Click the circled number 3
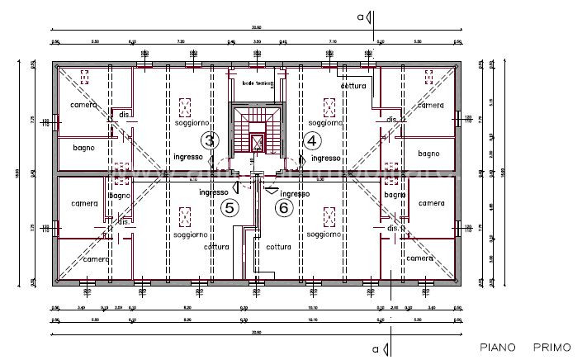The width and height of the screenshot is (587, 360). click(x=211, y=140)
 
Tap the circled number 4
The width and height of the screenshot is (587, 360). click(x=311, y=140)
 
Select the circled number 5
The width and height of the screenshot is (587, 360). click(x=230, y=208)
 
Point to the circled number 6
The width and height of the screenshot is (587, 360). click(x=283, y=208)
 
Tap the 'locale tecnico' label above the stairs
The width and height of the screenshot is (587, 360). click(x=257, y=83)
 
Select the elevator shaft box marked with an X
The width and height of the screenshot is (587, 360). click(x=257, y=142)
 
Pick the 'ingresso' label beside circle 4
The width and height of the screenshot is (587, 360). click(x=326, y=158)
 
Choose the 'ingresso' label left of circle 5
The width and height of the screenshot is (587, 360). click(x=213, y=192)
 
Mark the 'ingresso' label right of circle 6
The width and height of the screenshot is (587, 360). click(x=295, y=193)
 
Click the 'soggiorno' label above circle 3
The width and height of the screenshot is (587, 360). click(x=188, y=122)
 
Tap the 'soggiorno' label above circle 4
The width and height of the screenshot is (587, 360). click(x=325, y=122)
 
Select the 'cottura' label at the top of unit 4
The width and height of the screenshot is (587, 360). click(x=353, y=86)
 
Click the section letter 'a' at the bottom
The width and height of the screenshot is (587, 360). click(x=376, y=348)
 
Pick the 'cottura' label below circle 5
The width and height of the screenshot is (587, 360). click(x=216, y=246)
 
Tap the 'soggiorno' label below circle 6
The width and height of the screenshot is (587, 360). click(x=324, y=234)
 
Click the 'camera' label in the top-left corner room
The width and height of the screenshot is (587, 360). click(x=83, y=105)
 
